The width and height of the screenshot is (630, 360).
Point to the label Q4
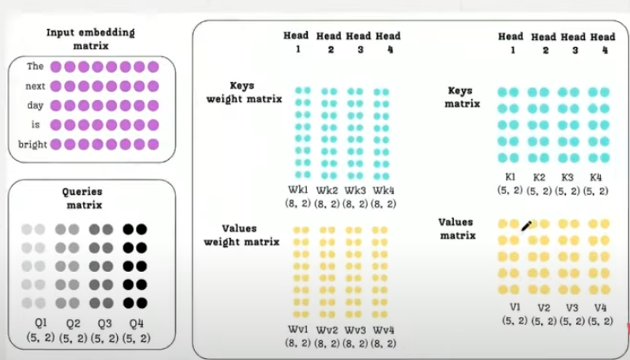tap(133, 323)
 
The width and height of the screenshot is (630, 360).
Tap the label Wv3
tap(356, 330)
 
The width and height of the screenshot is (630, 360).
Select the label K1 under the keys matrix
tap(511, 176)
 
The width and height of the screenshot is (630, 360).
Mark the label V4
tap(600, 307)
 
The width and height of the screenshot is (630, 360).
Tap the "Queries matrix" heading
tap(82, 199)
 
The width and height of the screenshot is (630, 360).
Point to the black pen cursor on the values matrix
tap(526, 226)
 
